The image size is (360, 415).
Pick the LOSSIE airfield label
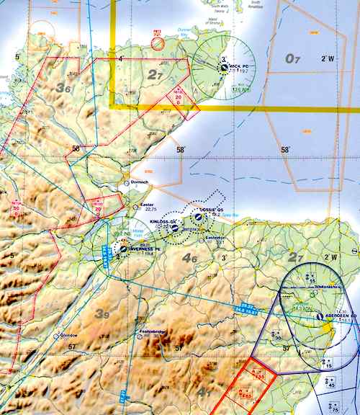210,210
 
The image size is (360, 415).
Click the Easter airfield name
148,204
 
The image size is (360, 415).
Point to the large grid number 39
103,313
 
